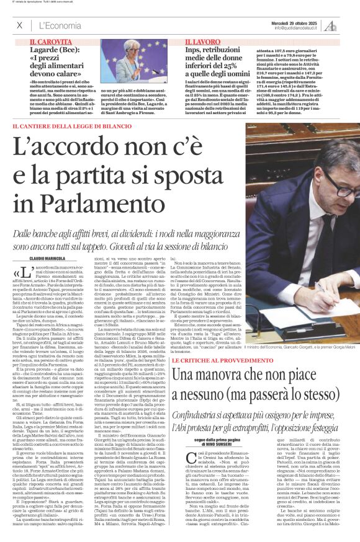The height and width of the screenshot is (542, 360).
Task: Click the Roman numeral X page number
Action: (x=19, y=25)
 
